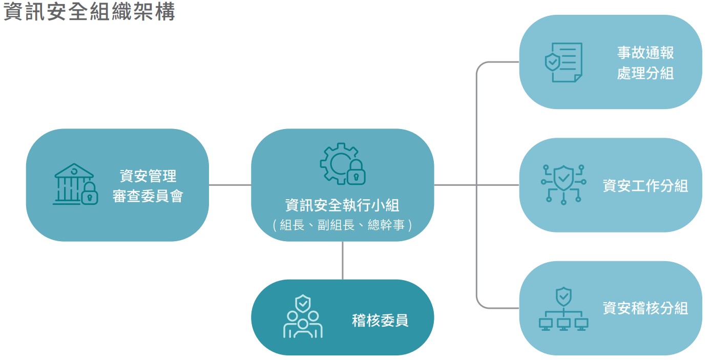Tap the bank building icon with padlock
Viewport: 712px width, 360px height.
[x=75, y=184]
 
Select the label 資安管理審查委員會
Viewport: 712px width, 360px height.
[x=148, y=186]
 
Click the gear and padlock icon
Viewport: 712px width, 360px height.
[x=342, y=164]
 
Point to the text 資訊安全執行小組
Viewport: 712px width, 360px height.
[x=342, y=205]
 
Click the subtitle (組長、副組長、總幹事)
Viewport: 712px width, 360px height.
[x=342, y=225]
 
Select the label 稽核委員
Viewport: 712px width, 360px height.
[x=380, y=321]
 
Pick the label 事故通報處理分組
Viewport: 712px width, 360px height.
[x=645, y=62]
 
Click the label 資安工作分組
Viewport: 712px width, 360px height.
[x=645, y=185]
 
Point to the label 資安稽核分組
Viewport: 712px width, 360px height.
[x=645, y=308]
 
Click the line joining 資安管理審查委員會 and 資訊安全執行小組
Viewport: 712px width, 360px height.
[x=230, y=185]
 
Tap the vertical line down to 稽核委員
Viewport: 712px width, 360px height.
[x=342, y=260]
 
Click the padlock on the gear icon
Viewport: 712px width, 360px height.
[x=355, y=174]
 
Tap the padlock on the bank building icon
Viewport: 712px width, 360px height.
[x=89, y=193]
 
